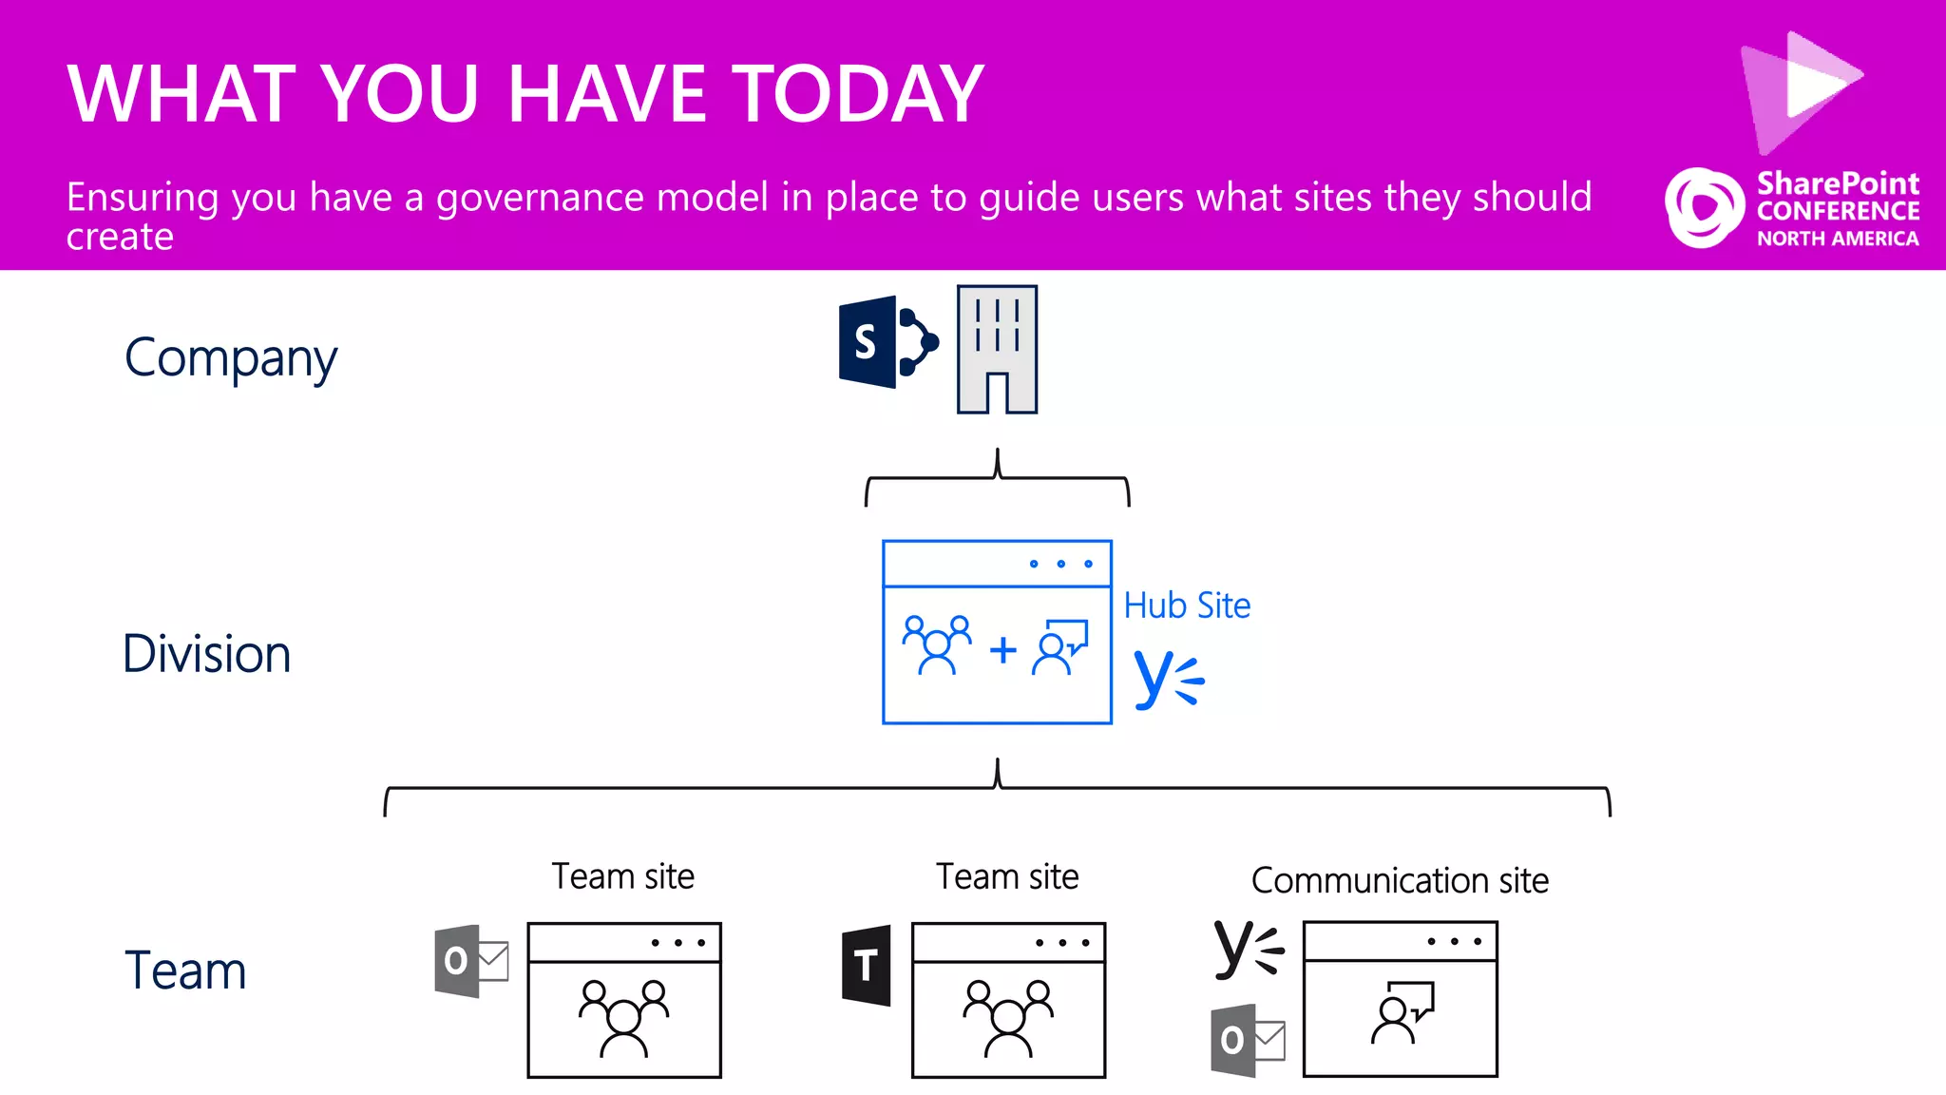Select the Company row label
pyautogui.click(x=231, y=359)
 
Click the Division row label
pyautogui.click(x=207, y=654)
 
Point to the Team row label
pyautogui.click(x=185, y=970)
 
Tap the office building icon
pyautogui.click(x=997, y=350)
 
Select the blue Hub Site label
pyautogui.click(x=1187, y=605)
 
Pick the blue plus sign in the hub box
pyautogui.click(x=1002, y=651)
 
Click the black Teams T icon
pyautogui.click(x=867, y=965)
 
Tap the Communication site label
pyautogui.click(x=1400, y=881)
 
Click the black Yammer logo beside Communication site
pyautogui.click(x=1249, y=949)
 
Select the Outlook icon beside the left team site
pyautogui.click(x=470, y=960)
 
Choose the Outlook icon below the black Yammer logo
pyautogui.click(x=1247, y=1040)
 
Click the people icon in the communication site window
pyautogui.click(x=1402, y=1013)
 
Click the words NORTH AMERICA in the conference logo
pyautogui.click(x=1838, y=239)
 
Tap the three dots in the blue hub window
pyautogui.click(x=1060, y=564)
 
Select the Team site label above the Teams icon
pyautogui.click(x=1007, y=876)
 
